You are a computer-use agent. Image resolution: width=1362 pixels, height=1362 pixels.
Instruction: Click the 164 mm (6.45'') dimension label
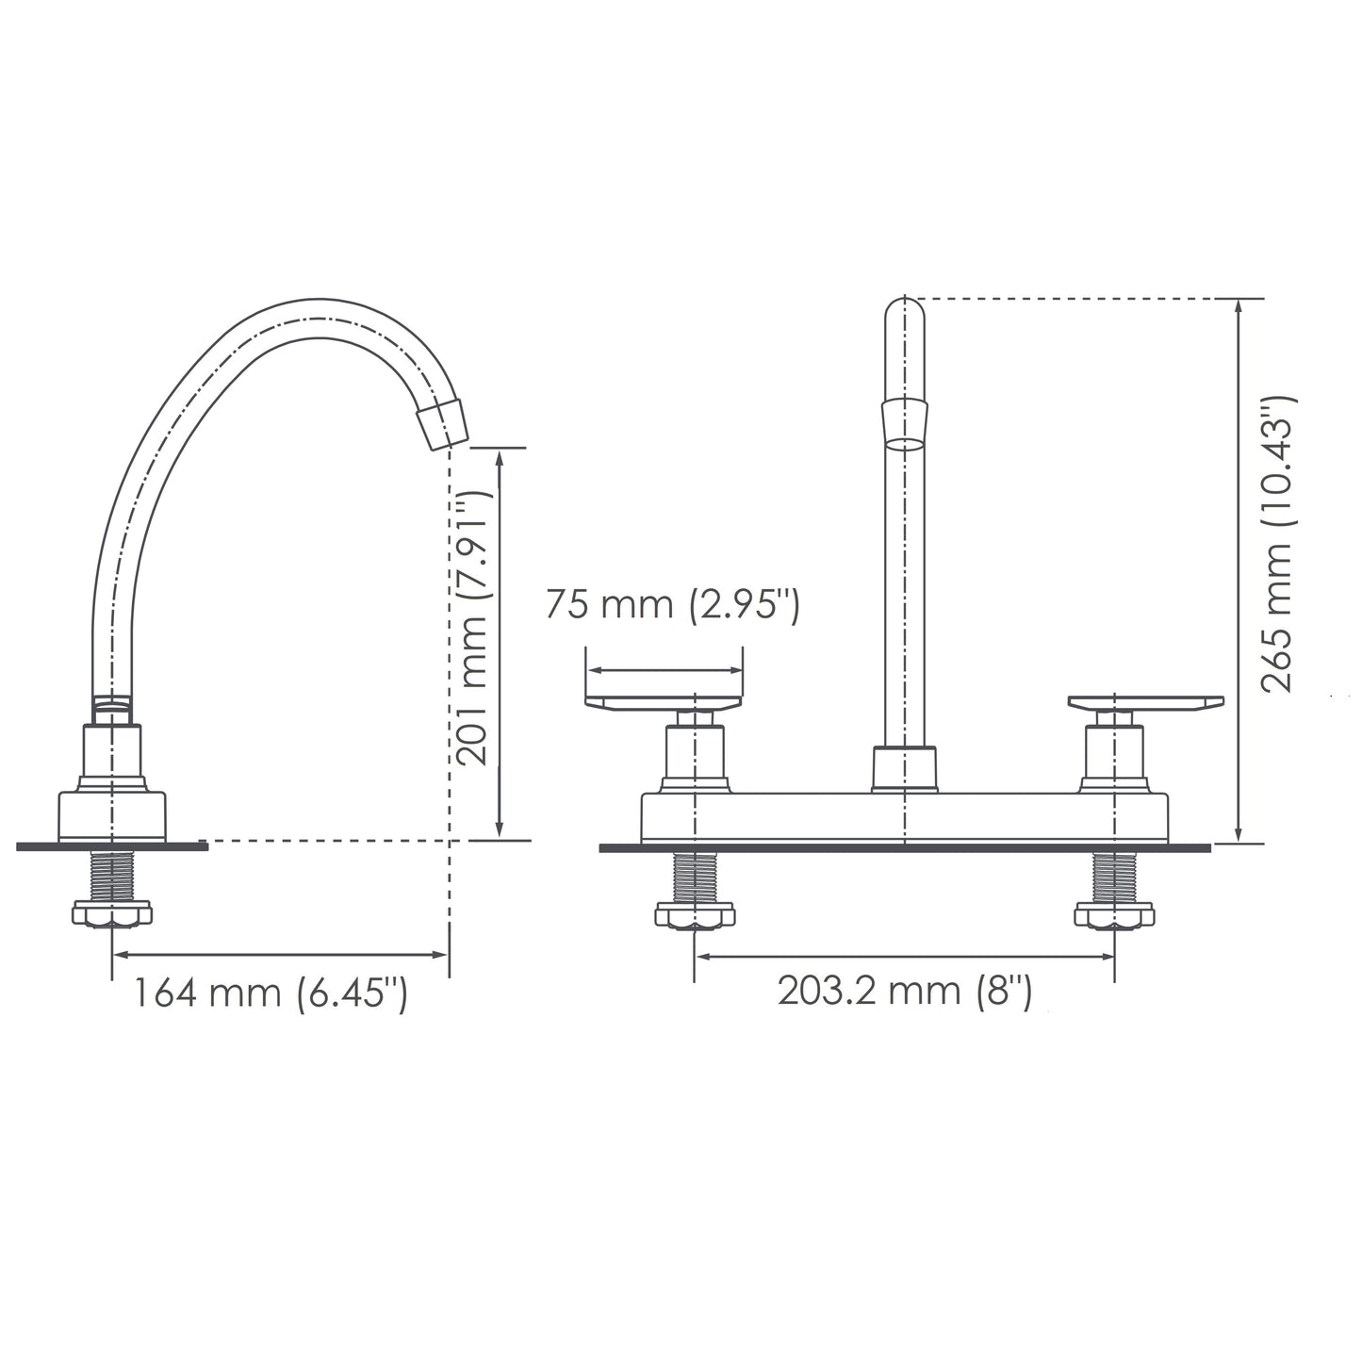[268, 994]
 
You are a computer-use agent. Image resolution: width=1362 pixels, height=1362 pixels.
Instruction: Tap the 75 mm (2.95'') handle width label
[672, 606]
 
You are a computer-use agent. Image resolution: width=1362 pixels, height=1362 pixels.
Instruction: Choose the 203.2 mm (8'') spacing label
[904, 992]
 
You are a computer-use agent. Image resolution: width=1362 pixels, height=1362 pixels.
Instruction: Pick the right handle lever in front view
[1145, 703]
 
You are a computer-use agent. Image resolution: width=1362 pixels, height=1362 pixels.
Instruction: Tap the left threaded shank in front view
[695, 878]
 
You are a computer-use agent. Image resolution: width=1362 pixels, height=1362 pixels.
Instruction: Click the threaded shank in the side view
[112, 877]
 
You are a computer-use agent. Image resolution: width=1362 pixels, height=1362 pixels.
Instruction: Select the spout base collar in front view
[904, 768]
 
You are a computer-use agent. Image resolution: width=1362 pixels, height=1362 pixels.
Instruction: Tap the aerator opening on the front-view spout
[904, 442]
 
